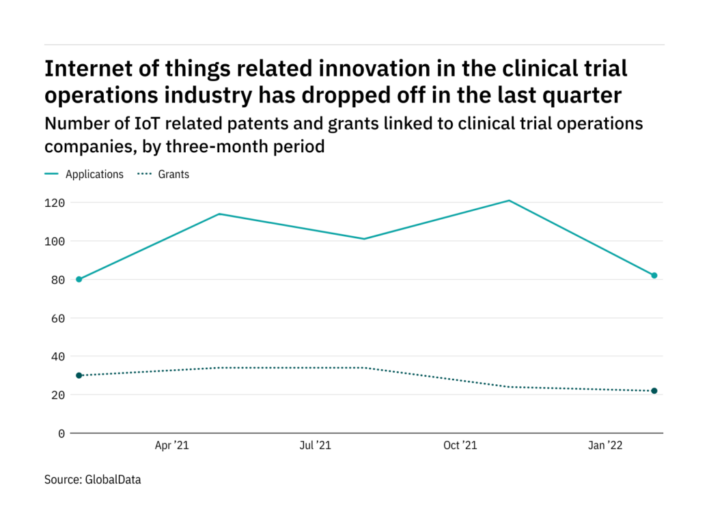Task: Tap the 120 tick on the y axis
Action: (56, 203)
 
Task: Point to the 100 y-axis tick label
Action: (56, 241)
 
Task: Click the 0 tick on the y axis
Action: (62, 433)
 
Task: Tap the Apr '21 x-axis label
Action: (171, 446)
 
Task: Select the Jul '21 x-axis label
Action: (316, 446)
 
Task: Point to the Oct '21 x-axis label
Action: (460, 446)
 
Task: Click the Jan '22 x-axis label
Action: (606, 446)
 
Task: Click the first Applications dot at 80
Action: (79, 279)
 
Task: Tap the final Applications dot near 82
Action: (654, 275)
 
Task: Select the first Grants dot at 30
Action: (79, 375)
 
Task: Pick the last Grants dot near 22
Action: (654, 391)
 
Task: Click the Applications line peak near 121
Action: (509, 201)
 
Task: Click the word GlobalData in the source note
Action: (113, 480)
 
